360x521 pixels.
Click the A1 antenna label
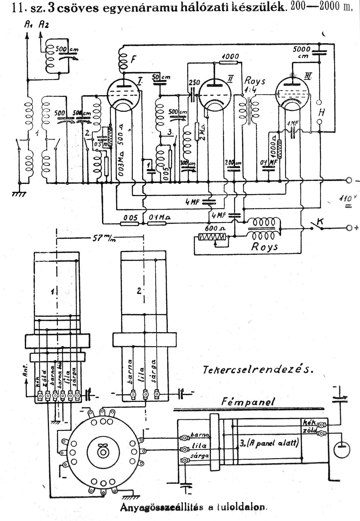pyautogui.click(x=28, y=26)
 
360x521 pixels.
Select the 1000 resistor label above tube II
pyautogui.click(x=230, y=56)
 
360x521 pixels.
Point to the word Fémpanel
pyautogui.click(x=248, y=402)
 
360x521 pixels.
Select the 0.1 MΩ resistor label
pyautogui.click(x=159, y=217)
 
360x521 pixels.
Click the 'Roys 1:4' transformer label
pyautogui.click(x=254, y=85)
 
